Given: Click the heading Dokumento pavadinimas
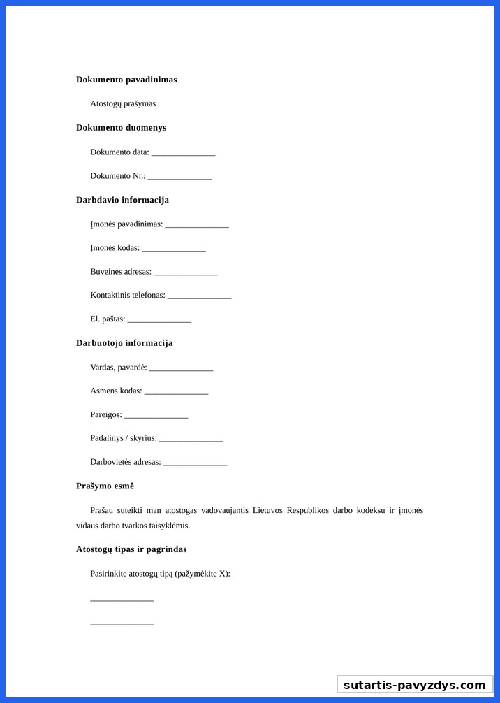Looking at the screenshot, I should point(126,80).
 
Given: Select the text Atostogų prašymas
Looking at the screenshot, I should point(123,103).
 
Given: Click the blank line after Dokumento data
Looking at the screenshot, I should point(183,153).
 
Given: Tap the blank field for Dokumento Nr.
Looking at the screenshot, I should point(179,177).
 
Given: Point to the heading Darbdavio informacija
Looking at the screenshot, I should point(122,200).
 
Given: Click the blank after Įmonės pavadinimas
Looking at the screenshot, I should point(197,225).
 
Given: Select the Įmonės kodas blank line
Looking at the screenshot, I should point(174,249).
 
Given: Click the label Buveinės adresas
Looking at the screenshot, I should point(120,271).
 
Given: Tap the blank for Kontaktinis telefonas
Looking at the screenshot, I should point(199,296).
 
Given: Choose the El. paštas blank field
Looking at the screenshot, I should point(159,320).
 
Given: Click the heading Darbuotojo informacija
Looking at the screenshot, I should point(124,343).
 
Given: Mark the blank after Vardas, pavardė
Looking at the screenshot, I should point(181,368).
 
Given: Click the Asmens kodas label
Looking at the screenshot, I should point(116,391).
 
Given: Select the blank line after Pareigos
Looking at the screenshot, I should point(156,416).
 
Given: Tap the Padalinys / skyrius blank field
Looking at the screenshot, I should point(191,440).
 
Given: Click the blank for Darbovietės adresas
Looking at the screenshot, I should point(195,463).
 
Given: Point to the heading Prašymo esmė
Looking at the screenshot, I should point(105,486).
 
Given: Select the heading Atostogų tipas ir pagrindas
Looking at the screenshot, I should point(131,549).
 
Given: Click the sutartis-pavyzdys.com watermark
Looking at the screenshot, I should point(415,685).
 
